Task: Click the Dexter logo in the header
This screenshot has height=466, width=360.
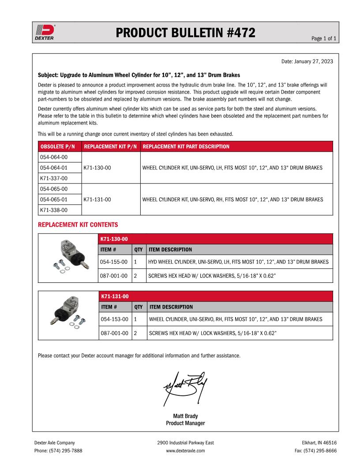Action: (44, 32)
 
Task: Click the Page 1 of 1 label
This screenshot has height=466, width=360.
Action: (324, 39)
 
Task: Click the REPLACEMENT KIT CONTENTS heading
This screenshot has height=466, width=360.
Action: (78, 225)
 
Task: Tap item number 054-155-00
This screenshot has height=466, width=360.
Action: (114, 262)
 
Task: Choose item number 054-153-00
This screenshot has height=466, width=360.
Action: (114, 319)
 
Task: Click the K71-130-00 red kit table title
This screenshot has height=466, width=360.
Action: (114, 239)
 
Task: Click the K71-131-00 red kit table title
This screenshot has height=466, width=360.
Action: (114, 296)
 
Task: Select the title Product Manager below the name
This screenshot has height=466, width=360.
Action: (185, 423)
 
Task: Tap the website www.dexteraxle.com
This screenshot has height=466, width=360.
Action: (185, 451)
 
